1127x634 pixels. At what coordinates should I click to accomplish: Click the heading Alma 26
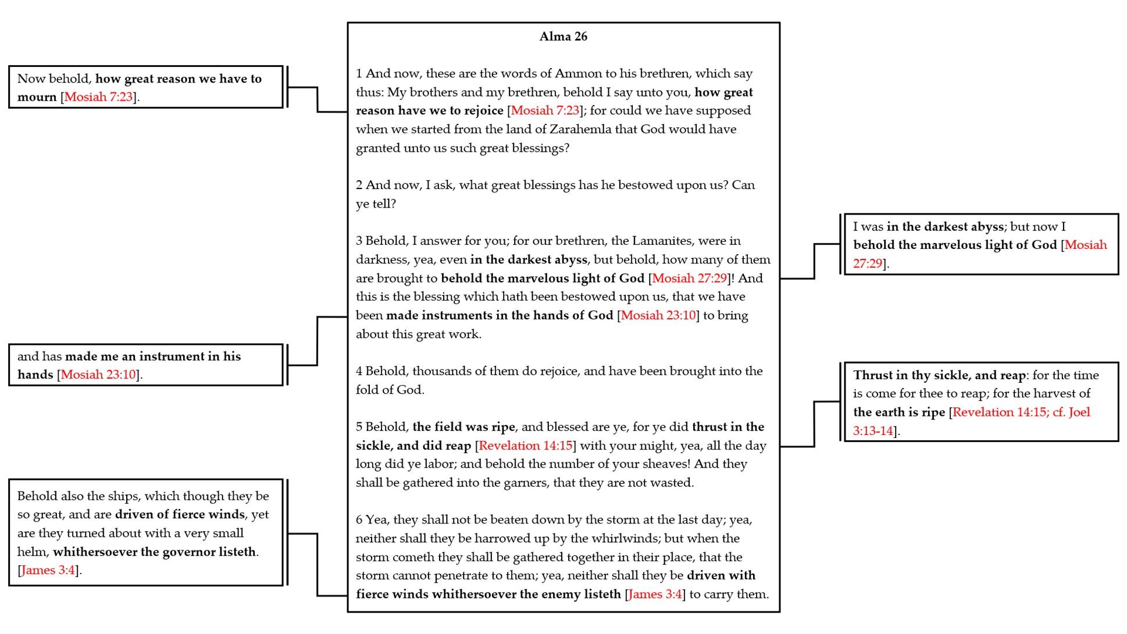pos(563,37)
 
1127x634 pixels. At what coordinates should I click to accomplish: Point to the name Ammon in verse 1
pos(574,73)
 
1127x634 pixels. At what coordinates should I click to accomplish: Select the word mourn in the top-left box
pos(37,97)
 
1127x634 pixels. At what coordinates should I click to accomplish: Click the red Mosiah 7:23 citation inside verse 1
pos(545,111)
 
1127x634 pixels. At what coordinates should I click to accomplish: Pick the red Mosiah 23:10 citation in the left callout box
pos(98,375)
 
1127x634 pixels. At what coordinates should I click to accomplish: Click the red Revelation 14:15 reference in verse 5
pos(525,446)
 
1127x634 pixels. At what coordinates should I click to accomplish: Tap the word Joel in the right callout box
pos(1079,412)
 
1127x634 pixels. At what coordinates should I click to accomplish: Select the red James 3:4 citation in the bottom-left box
pos(48,570)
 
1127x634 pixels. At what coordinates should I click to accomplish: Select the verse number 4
pos(359,371)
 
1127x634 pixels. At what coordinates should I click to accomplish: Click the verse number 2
pos(359,185)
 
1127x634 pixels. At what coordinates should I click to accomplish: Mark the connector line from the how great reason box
pos(317,99)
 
